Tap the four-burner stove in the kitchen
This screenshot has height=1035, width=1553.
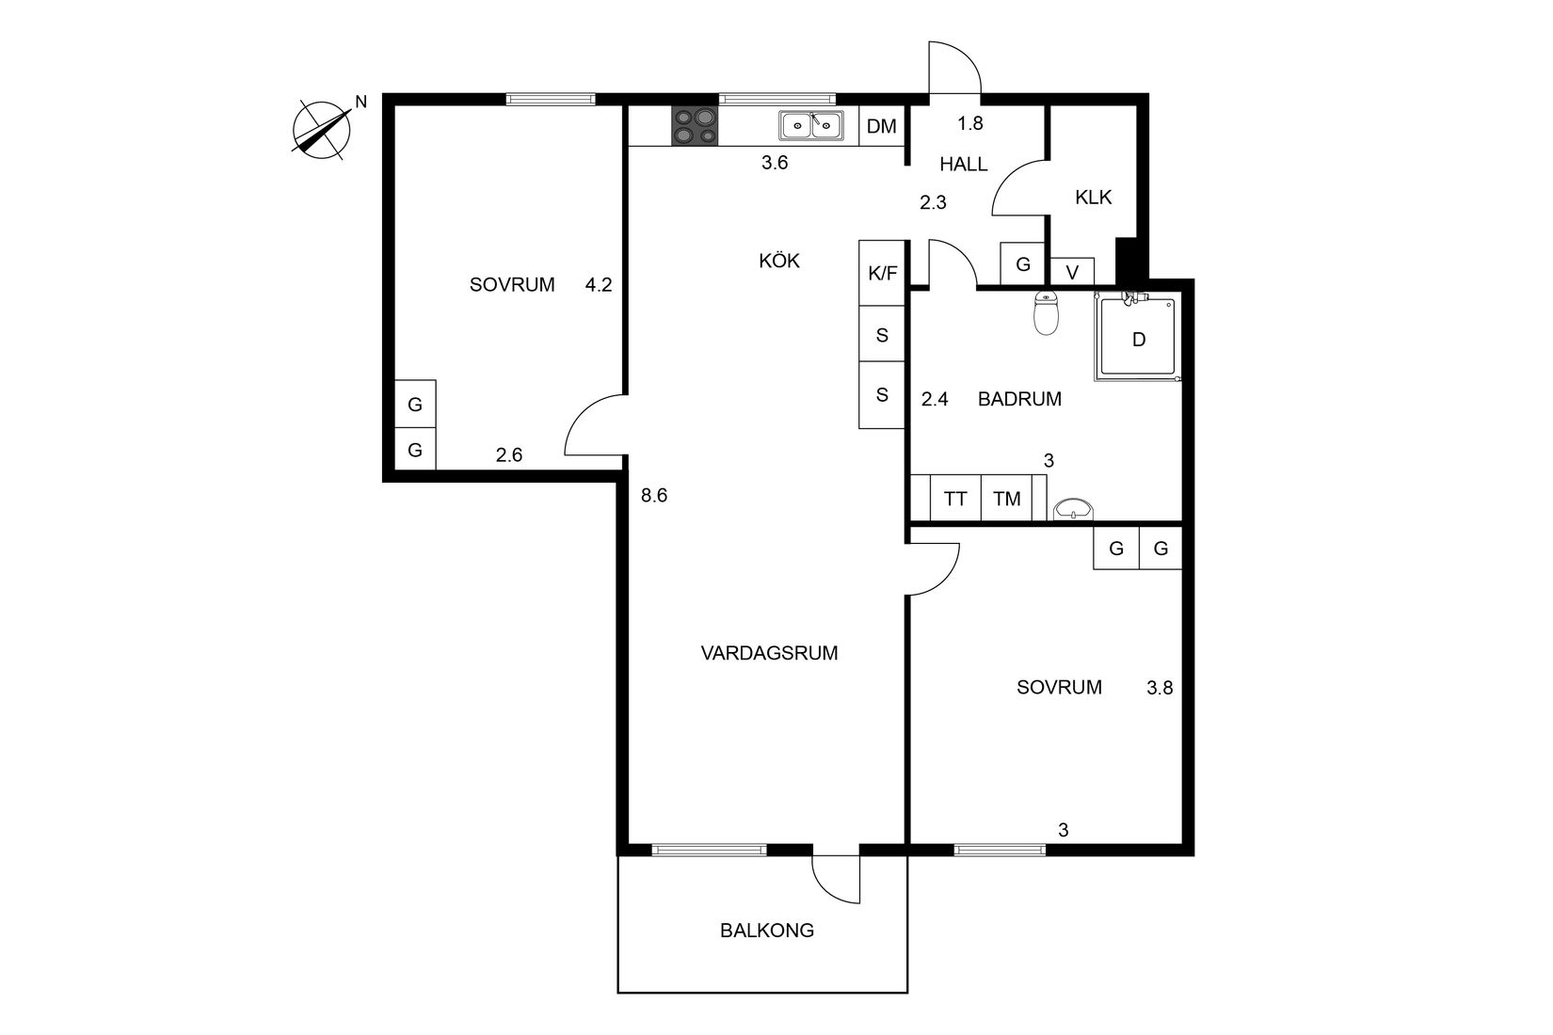(x=695, y=126)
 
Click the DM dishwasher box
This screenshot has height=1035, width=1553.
(x=882, y=126)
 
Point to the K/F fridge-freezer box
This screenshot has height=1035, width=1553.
(x=882, y=274)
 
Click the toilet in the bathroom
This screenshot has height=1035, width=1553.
(x=1046, y=312)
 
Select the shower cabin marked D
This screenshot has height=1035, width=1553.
(x=1138, y=340)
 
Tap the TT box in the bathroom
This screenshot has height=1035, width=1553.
(x=955, y=499)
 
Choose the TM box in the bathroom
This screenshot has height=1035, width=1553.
(x=1006, y=499)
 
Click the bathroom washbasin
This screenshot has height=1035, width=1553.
(x=1073, y=509)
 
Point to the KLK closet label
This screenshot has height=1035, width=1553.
(x=1093, y=198)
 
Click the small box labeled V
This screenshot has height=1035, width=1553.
(x=1072, y=272)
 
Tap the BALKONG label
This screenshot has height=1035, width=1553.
(x=766, y=931)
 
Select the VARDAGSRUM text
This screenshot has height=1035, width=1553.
(x=769, y=653)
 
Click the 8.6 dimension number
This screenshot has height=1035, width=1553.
(x=654, y=495)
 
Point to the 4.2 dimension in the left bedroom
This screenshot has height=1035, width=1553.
(x=599, y=284)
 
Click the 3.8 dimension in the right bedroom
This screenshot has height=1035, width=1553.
(x=1160, y=688)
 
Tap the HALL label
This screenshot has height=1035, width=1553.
(x=964, y=165)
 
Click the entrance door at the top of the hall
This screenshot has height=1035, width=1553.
(x=953, y=68)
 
